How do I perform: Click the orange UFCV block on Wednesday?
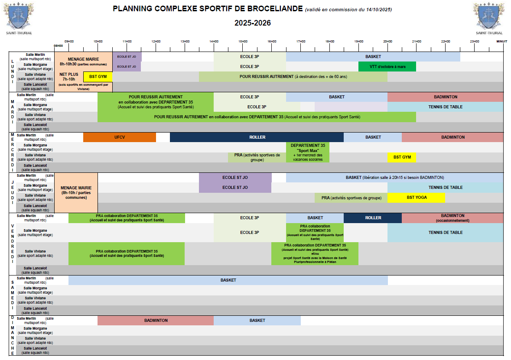click(119, 137)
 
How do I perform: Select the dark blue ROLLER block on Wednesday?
click(257, 137)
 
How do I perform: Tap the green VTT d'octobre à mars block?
click(387, 66)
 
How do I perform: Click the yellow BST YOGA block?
click(416, 198)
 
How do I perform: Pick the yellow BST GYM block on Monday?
click(98, 76)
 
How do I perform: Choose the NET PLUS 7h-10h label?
click(68, 77)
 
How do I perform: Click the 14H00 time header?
click(214, 41)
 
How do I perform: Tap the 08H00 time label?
click(58, 45)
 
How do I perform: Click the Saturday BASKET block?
click(228, 280)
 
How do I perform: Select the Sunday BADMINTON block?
click(156, 321)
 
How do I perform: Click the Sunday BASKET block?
click(257, 321)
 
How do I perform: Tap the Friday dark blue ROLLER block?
click(373, 218)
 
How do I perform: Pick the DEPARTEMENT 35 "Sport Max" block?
click(307, 152)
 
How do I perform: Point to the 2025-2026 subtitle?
click(253, 23)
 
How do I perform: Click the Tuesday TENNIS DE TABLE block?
click(445, 107)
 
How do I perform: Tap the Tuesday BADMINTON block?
click(445, 97)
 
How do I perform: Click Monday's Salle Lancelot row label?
click(35, 87)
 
